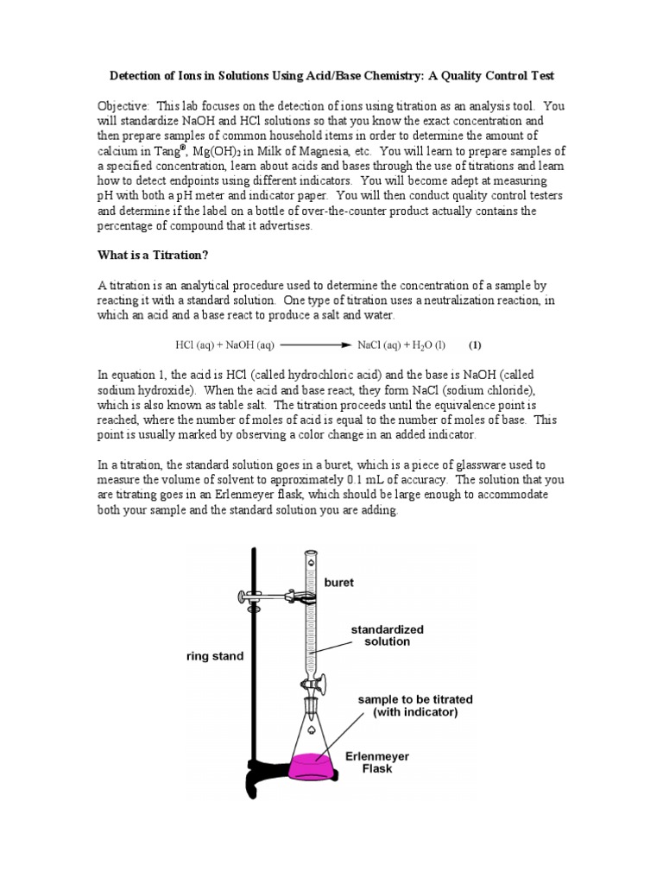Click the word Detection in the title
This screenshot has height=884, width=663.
coord(148,75)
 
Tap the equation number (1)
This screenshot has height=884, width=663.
coord(475,345)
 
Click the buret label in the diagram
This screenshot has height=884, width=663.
coord(338,583)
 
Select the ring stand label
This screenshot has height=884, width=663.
coord(215,656)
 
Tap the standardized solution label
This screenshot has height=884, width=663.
coord(380,636)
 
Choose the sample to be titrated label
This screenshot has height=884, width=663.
coord(410,705)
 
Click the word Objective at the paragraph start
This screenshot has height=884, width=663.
coord(124,106)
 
